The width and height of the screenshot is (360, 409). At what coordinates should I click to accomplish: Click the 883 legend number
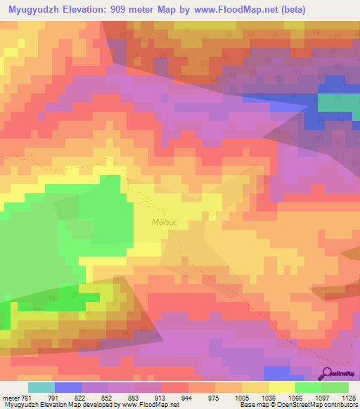(135, 397)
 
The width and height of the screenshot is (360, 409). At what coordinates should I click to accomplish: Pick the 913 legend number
(162, 397)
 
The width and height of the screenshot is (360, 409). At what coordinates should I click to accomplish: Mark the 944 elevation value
(188, 397)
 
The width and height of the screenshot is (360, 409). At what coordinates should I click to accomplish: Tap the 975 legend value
(215, 397)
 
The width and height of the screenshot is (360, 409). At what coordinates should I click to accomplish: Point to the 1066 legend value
(296, 397)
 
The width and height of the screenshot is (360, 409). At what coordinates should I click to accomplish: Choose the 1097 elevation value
(323, 397)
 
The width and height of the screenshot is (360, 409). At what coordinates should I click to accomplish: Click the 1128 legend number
(349, 397)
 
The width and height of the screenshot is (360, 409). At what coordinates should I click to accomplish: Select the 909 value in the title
(136, 10)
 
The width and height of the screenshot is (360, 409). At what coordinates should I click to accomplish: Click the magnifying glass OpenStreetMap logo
(328, 372)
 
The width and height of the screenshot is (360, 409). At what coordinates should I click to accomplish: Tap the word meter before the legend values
(9, 397)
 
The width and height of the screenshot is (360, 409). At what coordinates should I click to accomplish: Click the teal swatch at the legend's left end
(41, 387)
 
